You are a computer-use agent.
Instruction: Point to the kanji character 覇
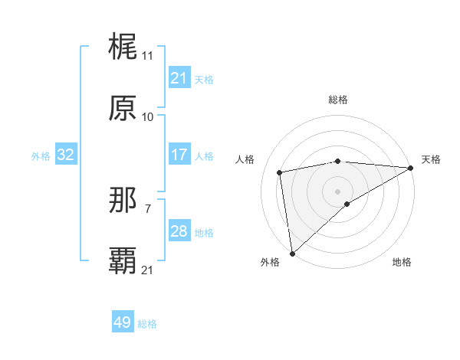(x=123, y=260)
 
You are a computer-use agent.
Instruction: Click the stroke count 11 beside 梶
(x=147, y=56)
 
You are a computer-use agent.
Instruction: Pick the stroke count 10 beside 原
(x=147, y=117)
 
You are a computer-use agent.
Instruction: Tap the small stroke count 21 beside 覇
(x=147, y=270)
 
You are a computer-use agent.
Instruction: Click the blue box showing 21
(x=179, y=78)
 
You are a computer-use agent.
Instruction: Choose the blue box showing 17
(x=179, y=155)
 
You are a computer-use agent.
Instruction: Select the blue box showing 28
(x=179, y=231)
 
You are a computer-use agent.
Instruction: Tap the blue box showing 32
(x=65, y=155)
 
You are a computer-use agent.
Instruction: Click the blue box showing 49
(x=122, y=322)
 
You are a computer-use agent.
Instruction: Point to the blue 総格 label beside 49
(x=147, y=324)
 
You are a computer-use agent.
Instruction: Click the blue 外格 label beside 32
(x=41, y=155)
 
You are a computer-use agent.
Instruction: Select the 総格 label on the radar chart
(x=337, y=100)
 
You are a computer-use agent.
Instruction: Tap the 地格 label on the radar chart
(x=402, y=262)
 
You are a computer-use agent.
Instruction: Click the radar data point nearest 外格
(x=292, y=253)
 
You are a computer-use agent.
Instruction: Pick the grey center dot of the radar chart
(x=337, y=191)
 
